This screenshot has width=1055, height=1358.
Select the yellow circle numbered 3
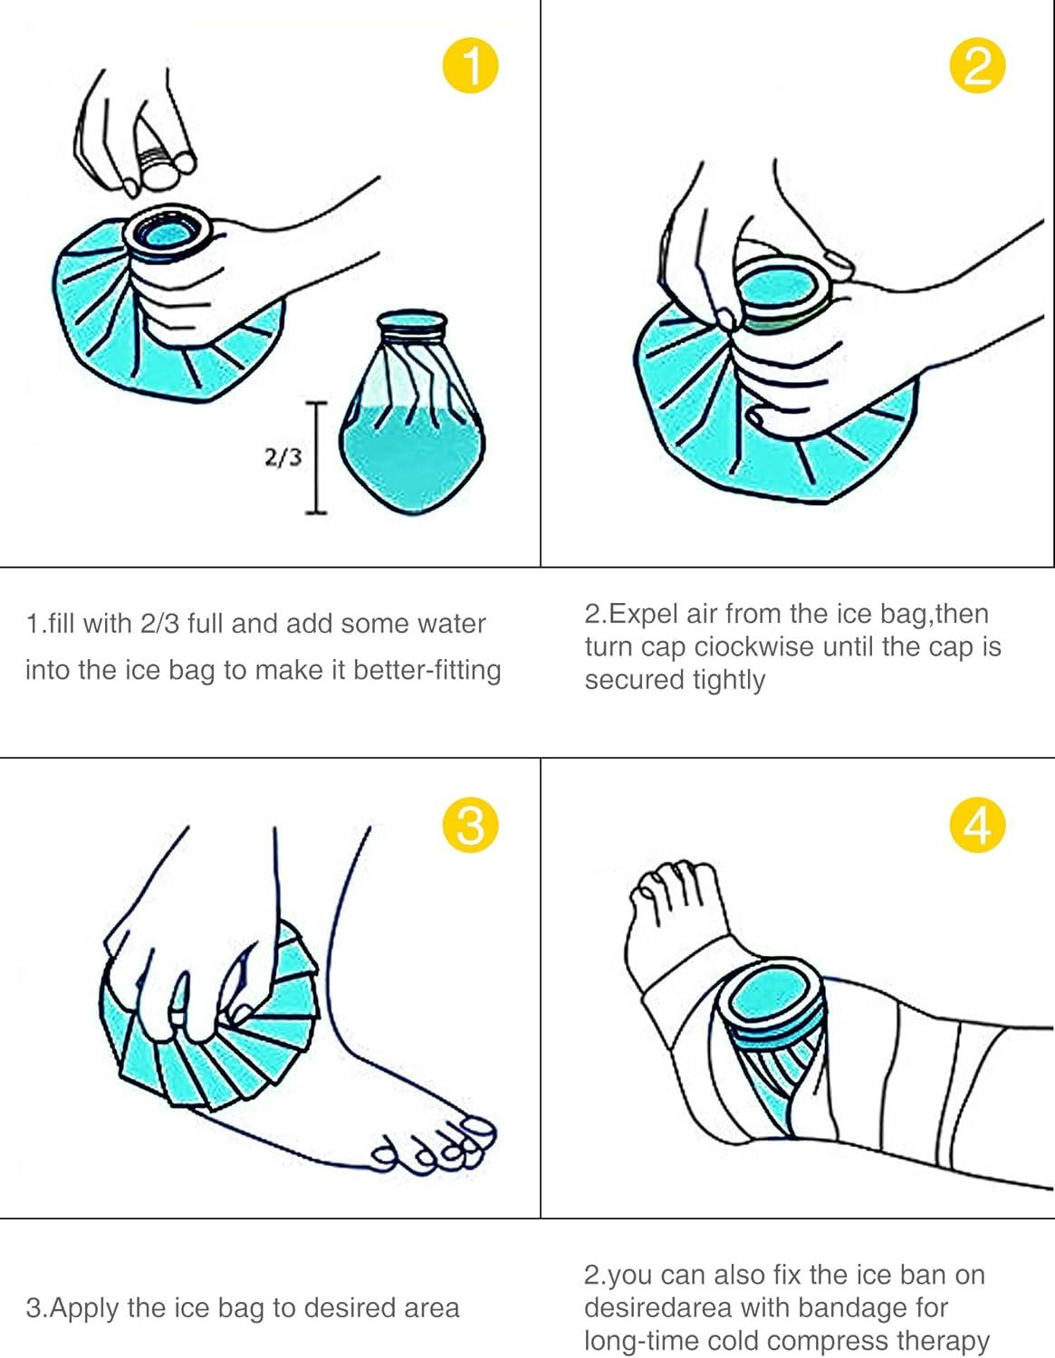(x=470, y=824)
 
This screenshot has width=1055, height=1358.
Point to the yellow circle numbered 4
(x=977, y=824)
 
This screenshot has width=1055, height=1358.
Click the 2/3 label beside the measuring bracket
(x=283, y=457)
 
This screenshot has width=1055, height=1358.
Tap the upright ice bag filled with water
(x=412, y=426)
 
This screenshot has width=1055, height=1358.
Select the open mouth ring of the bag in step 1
(x=172, y=234)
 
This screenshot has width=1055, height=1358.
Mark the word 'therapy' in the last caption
(x=943, y=1340)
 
